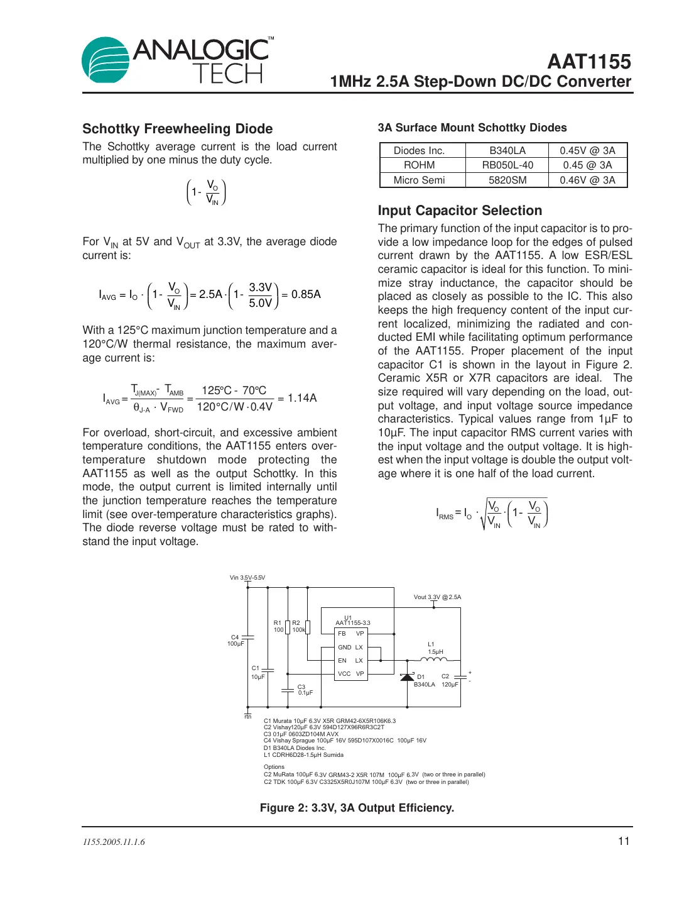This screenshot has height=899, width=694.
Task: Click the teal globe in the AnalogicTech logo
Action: click(x=106, y=60)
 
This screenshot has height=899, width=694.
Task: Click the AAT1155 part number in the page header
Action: click(x=588, y=62)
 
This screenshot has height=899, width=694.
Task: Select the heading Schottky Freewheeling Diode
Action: click(x=177, y=129)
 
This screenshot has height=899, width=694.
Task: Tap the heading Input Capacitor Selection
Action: click(x=459, y=211)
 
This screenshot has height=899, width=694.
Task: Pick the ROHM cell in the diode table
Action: click(x=419, y=165)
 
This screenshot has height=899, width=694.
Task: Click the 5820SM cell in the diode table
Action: click(x=507, y=180)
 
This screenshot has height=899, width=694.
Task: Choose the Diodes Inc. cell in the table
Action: click(x=419, y=151)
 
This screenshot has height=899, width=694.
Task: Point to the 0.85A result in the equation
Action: click(x=306, y=294)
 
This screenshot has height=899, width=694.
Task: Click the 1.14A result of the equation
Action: click(x=302, y=398)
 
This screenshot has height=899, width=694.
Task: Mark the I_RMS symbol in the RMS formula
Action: click(x=445, y=514)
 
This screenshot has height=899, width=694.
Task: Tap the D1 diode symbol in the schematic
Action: click(x=407, y=677)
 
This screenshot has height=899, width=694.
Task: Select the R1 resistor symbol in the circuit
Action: click(x=288, y=627)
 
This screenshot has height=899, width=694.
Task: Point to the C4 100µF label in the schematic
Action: click(x=235, y=641)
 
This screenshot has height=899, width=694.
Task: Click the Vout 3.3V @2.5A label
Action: click(x=437, y=597)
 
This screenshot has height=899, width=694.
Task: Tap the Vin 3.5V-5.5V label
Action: click(x=247, y=578)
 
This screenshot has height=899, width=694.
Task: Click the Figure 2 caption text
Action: click(x=357, y=808)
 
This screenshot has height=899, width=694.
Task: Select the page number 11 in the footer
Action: click(x=623, y=841)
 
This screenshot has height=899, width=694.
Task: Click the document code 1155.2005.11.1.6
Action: click(x=114, y=842)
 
